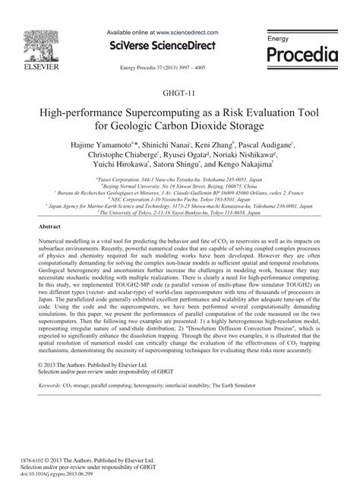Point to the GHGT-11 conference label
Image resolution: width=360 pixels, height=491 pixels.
tap(179, 93)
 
